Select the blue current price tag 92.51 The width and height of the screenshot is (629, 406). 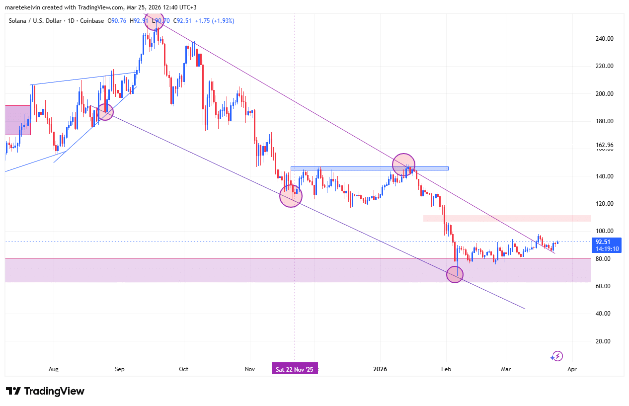click(606, 242)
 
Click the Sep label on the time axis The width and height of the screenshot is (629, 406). click(119, 369)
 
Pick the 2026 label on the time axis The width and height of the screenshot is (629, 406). click(380, 369)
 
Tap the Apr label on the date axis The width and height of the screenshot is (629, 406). click(572, 369)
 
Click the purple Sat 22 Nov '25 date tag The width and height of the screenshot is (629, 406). click(295, 369)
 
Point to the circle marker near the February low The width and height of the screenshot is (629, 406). click(455, 274)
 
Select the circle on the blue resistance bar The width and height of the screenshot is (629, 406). click(403, 164)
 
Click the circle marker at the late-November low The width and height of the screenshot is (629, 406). click(291, 196)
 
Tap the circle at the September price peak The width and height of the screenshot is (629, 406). click(154, 20)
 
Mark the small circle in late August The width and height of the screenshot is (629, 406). click(105, 112)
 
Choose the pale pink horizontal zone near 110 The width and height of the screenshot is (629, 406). click(507, 218)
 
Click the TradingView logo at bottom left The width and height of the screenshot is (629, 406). click(45, 391)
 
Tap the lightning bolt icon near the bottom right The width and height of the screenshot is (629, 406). click(557, 356)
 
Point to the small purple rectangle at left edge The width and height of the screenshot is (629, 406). click(17, 120)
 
